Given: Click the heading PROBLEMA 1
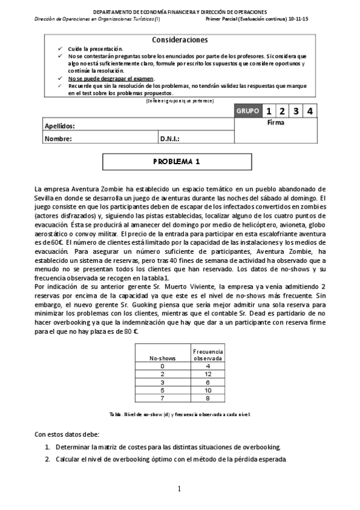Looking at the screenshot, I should (x=180, y=162).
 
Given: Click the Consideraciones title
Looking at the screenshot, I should (x=180, y=40).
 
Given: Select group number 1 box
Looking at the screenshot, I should (x=268, y=111).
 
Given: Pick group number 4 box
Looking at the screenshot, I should (x=309, y=111).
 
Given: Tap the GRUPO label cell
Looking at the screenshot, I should (x=248, y=111).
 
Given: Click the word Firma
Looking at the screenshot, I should (x=276, y=122).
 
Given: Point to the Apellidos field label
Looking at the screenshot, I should (x=60, y=126).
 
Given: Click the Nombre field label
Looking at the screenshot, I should (x=58, y=138).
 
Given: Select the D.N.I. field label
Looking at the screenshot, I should (x=170, y=138).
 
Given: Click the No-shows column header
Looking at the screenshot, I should (x=162, y=358).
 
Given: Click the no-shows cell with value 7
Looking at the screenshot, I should (x=162, y=398).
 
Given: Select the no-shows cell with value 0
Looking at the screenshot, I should (x=162, y=366).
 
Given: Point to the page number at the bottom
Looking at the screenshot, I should (x=179, y=489).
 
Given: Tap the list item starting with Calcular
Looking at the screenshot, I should (x=170, y=459).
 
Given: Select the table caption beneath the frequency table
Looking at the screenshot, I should (x=180, y=414).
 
